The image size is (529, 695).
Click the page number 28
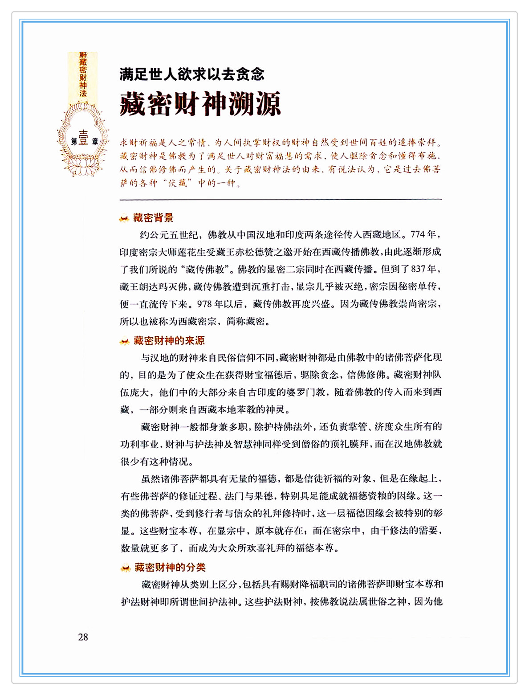point(83,637)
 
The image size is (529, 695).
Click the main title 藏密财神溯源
point(200,104)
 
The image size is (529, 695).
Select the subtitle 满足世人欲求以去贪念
point(192,74)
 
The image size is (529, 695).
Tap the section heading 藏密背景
point(153,218)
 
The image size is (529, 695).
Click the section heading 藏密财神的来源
point(169,341)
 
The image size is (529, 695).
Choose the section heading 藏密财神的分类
point(170,567)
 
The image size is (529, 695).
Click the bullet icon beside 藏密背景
point(124,219)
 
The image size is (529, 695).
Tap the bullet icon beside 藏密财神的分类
point(125,568)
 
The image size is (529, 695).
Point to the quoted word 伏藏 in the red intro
point(178,183)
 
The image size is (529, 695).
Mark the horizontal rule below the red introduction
point(281,199)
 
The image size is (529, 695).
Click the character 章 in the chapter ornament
point(95,142)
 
